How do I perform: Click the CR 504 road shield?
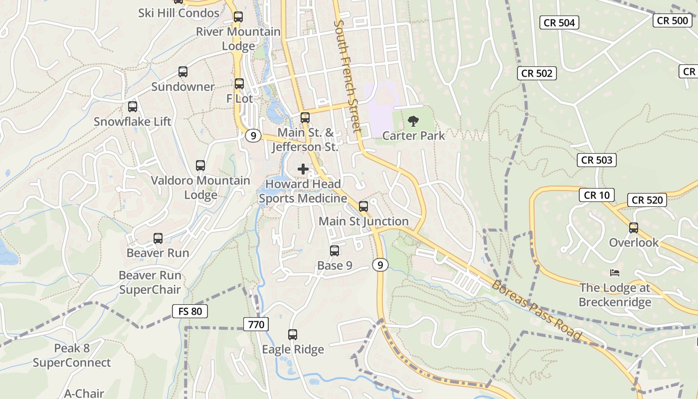pyautogui.click(x=559, y=22)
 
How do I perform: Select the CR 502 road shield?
pyautogui.click(x=537, y=73)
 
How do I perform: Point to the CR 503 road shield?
pyautogui.click(x=597, y=160)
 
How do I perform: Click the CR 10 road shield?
pyautogui.click(x=596, y=195)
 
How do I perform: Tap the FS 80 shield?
pyautogui.click(x=189, y=311)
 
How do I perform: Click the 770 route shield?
pyautogui.click(x=256, y=325)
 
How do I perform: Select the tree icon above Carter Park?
pyautogui.click(x=413, y=120)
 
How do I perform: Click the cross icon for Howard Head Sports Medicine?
pyautogui.click(x=303, y=169)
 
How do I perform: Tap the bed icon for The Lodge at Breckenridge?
pyautogui.click(x=615, y=273)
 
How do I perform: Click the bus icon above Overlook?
pyautogui.click(x=634, y=228)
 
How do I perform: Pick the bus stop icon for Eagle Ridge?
pyautogui.click(x=293, y=335)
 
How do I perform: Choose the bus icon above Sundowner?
pyautogui.click(x=183, y=72)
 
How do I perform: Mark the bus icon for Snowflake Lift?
pyautogui.click(x=133, y=106)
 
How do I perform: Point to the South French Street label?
pyautogui.click(x=348, y=76)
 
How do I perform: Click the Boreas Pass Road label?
pyautogui.click(x=536, y=310)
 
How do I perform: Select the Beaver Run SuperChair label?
pyautogui.click(x=150, y=282)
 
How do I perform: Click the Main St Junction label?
pyautogui.click(x=363, y=221)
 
